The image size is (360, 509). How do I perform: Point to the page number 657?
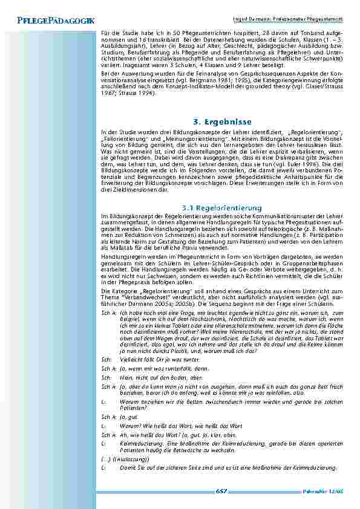click(x=221, y=491)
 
